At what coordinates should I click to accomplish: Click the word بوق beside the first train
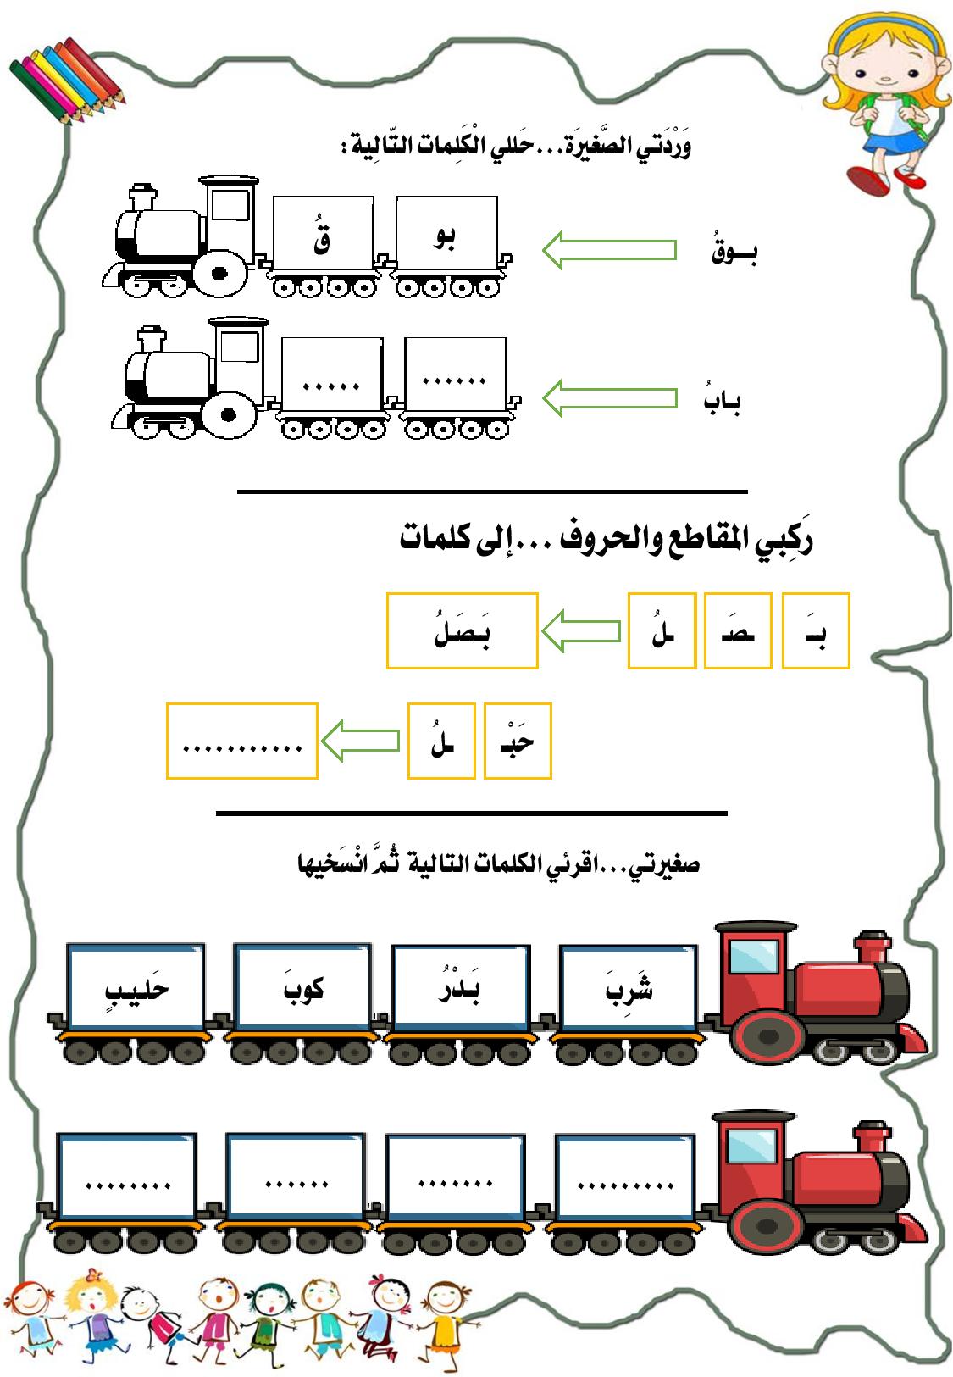[734, 253]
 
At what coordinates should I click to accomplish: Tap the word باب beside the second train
[721, 401]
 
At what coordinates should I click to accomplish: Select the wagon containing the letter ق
[323, 235]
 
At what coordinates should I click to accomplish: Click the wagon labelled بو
[446, 234]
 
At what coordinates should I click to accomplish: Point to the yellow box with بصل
[463, 630]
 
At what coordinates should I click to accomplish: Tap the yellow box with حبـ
[518, 741]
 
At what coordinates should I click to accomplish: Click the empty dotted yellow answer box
[242, 741]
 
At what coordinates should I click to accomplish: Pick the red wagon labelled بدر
[463, 986]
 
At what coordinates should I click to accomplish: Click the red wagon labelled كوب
[303, 986]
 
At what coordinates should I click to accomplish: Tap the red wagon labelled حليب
[136, 986]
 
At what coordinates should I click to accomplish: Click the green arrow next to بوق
[609, 250]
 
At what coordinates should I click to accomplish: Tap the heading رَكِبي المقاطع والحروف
[606, 541]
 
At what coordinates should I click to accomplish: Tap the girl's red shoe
[870, 180]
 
